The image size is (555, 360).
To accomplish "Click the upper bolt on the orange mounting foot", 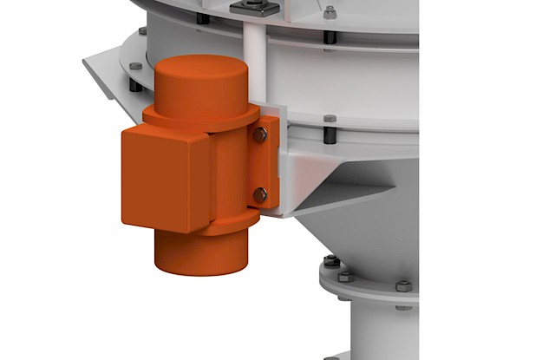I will click(260, 134).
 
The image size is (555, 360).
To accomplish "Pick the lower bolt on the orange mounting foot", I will click(260, 195).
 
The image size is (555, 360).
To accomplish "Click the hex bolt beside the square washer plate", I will click(330, 12).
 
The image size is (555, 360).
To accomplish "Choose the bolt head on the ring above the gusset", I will click(330, 119).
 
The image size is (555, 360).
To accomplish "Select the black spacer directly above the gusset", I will click(330, 137).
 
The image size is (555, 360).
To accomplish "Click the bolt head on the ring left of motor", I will click(136, 67).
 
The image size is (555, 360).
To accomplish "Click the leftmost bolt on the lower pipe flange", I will click(330, 261).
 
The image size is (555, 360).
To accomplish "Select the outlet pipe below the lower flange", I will click(382, 334).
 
